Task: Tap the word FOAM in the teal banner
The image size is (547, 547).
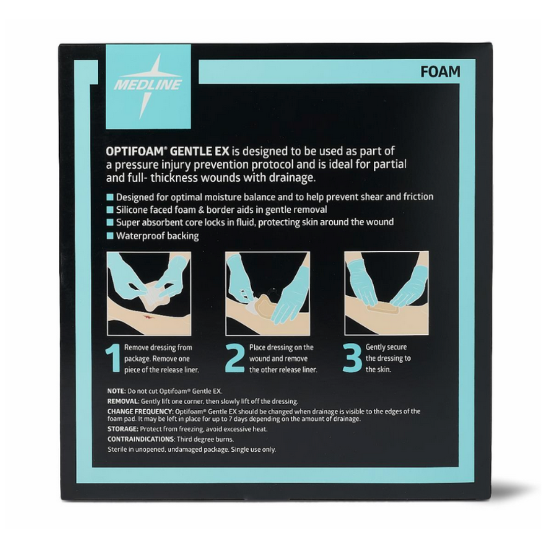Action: click(440, 72)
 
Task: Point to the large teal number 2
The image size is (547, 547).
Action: click(235, 358)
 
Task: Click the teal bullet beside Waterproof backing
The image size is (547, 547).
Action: click(110, 236)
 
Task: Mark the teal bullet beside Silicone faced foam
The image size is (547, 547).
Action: click(110, 210)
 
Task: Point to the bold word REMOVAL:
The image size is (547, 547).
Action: click(123, 401)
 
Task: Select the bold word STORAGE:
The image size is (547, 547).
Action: click(123, 429)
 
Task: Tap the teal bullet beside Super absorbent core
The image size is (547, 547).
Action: click(110, 223)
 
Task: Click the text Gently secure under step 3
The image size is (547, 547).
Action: click(386, 347)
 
